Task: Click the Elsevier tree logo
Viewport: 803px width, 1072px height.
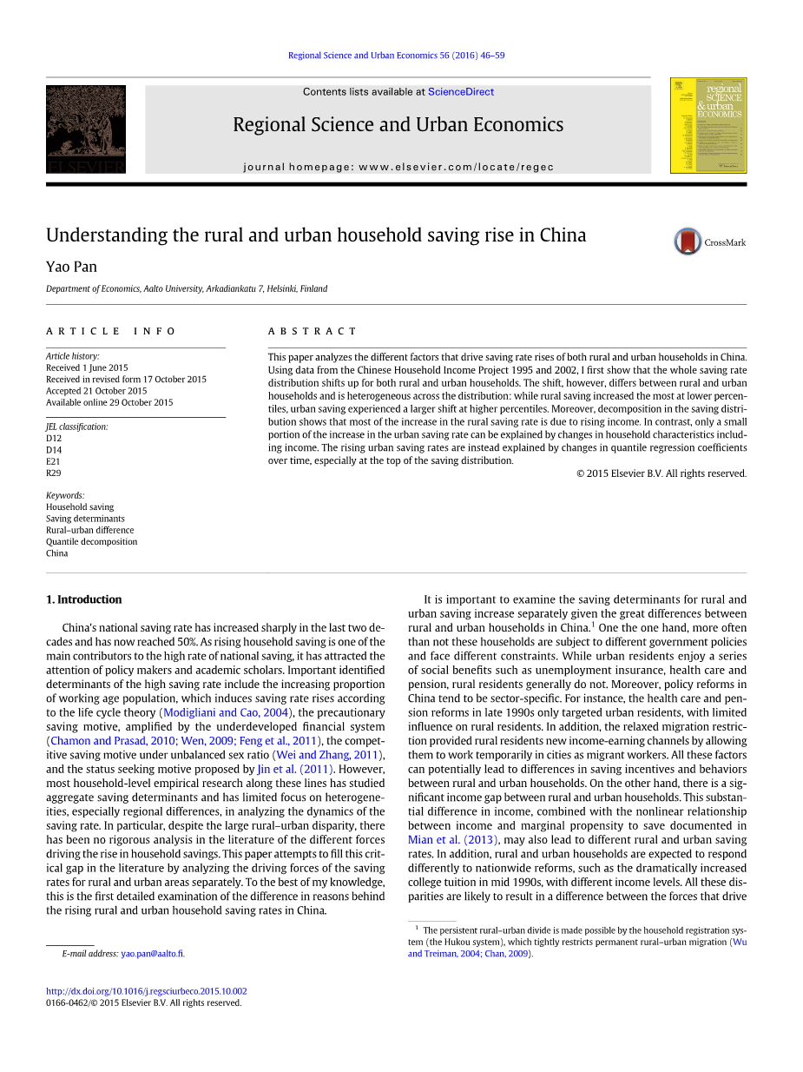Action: coord(86,129)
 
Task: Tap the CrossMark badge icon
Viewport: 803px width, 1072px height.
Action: coord(688,242)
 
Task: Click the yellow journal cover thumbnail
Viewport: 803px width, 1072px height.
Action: coord(708,125)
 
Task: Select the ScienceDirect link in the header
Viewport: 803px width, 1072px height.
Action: coord(461,92)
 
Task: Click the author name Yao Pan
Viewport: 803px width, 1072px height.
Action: coord(71,267)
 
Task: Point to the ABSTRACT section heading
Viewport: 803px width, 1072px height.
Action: coord(313,331)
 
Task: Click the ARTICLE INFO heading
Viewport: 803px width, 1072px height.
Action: coord(111,331)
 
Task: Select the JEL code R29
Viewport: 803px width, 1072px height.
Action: coord(54,473)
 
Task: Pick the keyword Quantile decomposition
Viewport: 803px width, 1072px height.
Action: coord(91,541)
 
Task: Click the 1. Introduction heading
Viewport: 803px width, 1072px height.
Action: coord(83,599)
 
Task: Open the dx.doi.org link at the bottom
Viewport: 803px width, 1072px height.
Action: coord(146,991)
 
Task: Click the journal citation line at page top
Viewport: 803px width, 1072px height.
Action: coord(396,56)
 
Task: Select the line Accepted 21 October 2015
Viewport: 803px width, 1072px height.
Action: coord(96,391)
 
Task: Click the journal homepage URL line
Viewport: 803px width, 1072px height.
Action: coord(398,167)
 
